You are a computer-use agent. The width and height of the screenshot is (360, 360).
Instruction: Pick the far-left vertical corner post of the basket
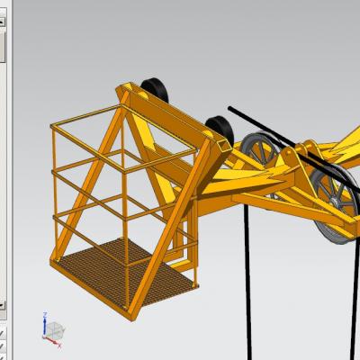tap(54, 189)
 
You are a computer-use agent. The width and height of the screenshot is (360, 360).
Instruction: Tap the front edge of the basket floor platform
tap(126, 306)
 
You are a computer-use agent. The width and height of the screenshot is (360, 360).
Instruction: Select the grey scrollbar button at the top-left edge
tap(3, 45)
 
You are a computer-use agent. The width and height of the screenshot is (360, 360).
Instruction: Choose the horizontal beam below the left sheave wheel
tap(261, 193)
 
